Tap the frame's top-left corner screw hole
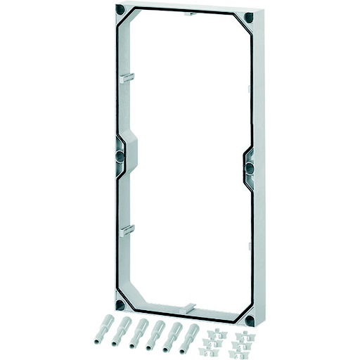click(x=120, y=11)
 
